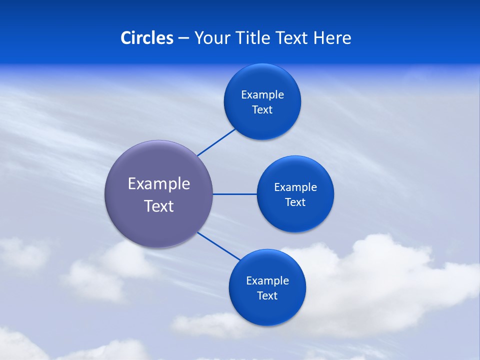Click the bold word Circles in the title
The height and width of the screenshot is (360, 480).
[x=147, y=38]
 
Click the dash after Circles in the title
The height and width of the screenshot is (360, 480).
[x=183, y=38]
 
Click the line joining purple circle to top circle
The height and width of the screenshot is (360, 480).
[x=216, y=142]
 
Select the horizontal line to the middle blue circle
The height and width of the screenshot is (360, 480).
[x=235, y=194]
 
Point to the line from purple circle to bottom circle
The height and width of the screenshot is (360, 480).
[x=219, y=246]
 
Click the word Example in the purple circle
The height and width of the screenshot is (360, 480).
[x=159, y=184]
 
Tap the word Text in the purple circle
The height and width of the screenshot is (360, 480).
[x=159, y=206]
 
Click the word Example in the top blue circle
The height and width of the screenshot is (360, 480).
[x=262, y=95]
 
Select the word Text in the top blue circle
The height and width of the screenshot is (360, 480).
[x=262, y=110]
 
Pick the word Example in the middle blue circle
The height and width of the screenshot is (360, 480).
[x=295, y=187]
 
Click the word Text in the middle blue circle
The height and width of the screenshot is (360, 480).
[x=295, y=202]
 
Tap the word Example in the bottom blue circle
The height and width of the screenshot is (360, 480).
[x=267, y=281]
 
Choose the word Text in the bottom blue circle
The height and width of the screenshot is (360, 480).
[x=267, y=296]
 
